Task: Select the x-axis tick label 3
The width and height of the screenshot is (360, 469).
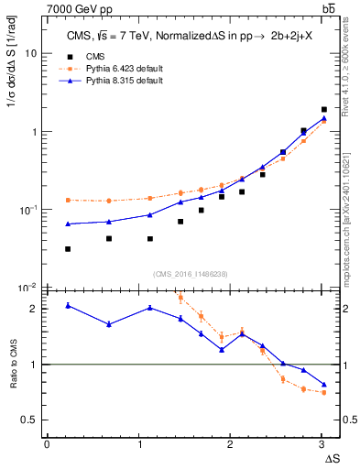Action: [x=322, y=443]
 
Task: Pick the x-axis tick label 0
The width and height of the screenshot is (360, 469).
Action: [x=47, y=443]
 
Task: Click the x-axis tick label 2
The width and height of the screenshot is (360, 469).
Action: [x=230, y=443]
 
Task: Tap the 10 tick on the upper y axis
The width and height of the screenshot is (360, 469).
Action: [x=30, y=53]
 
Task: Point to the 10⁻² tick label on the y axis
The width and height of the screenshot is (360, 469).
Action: [x=28, y=288]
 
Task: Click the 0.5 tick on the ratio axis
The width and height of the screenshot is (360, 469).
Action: [x=29, y=420]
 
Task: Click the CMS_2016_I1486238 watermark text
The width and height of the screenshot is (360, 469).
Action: [x=191, y=274]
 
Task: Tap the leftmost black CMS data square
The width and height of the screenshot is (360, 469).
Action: [x=69, y=249]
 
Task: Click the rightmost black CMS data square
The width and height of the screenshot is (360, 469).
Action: [x=324, y=109]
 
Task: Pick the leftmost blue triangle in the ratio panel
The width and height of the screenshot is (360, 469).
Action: [x=69, y=305]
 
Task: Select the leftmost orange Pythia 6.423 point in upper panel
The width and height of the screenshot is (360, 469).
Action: [x=69, y=200]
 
